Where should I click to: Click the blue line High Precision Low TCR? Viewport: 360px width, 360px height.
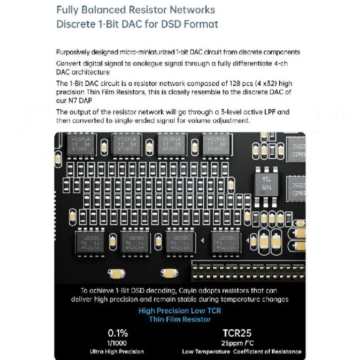(180, 310)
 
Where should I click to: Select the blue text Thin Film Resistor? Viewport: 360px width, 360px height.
(180, 319)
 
